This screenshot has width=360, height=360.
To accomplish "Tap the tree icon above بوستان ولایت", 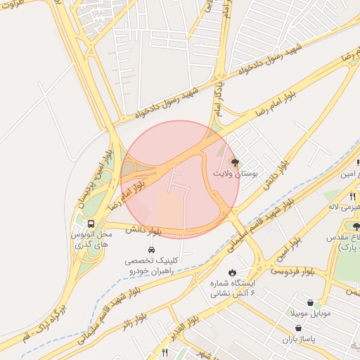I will [x=235, y=162].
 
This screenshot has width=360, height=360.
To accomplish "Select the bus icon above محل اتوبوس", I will [x=91, y=224].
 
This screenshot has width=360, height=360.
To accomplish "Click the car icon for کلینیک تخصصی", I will [x=151, y=250].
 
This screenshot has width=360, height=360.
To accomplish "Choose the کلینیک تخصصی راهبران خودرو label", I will [x=151, y=264].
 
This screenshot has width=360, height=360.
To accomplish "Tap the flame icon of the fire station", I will [x=231, y=271].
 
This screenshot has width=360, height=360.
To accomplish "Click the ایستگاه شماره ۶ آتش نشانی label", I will [x=231, y=288].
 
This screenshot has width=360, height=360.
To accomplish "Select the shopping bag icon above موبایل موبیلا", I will [x=310, y=303].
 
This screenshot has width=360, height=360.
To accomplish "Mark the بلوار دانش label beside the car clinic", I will [x=144, y=230].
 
